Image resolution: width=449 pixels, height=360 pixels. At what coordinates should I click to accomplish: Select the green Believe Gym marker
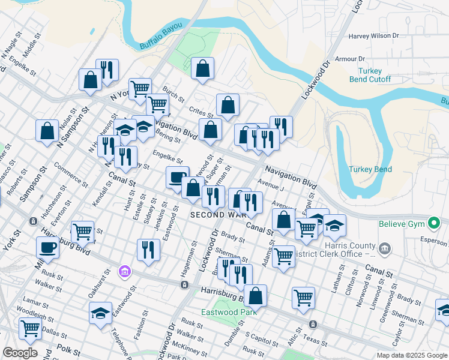434,224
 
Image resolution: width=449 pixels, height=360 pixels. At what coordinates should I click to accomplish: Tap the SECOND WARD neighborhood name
215,214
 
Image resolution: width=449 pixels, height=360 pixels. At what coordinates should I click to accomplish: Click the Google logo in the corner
20,352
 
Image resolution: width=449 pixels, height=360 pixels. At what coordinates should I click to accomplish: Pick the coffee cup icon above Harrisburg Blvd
47,247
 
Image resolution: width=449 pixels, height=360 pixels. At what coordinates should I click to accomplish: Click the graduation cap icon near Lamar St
100,313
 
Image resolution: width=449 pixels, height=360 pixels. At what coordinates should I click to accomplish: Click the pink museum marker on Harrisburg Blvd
125,272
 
